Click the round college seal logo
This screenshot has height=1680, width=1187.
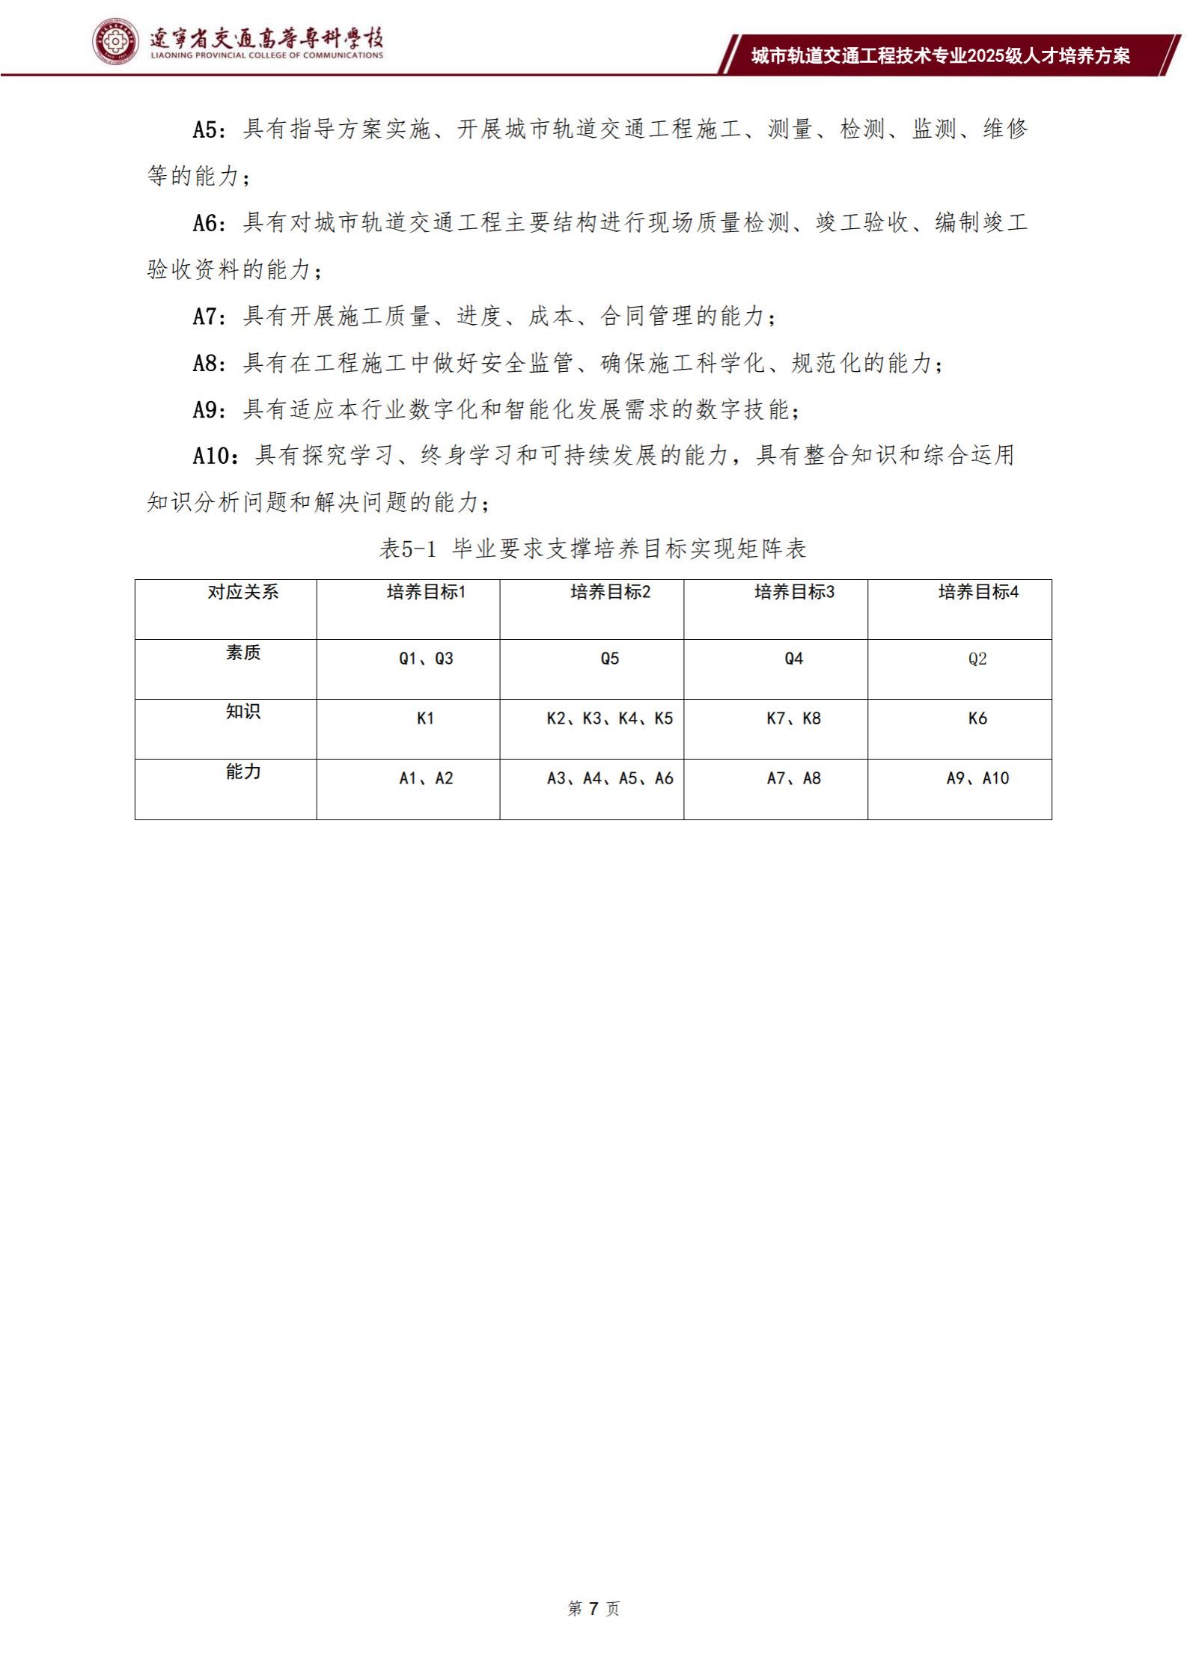click(x=116, y=42)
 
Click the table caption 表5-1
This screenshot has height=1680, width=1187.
click(x=408, y=549)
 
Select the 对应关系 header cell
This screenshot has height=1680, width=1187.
click(x=242, y=592)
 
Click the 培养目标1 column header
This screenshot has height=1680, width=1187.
click(x=426, y=592)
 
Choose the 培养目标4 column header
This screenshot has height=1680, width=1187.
click(x=978, y=592)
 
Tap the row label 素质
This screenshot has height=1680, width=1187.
click(x=242, y=653)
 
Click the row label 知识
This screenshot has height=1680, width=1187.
click(x=242, y=712)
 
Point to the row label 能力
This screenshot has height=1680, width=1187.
click(x=242, y=772)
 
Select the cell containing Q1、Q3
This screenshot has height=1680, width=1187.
click(x=426, y=659)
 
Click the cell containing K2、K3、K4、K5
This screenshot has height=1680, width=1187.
click(x=609, y=718)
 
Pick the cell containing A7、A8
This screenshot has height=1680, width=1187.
click(x=793, y=778)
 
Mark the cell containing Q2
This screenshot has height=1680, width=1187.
click(x=977, y=659)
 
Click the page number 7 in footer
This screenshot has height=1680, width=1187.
click(x=593, y=1608)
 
